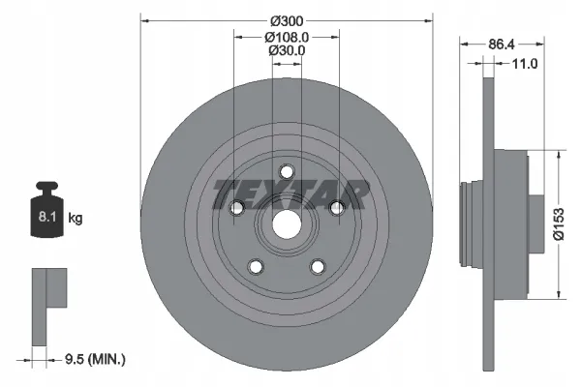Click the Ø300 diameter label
point(287,21)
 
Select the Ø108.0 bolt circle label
point(287,37)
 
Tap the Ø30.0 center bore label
point(287,50)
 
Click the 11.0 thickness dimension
point(524,64)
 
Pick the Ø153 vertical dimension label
point(559,224)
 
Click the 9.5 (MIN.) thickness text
point(95,359)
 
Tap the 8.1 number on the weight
point(47,217)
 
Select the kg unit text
point(76,218)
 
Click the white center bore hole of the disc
point(287,224)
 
